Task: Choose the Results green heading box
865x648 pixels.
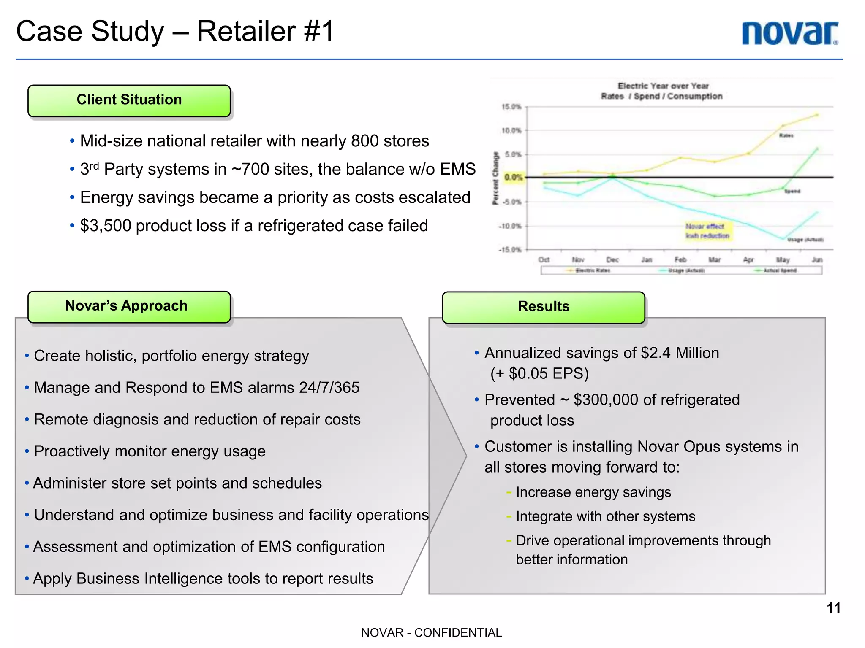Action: [x=543, y=307]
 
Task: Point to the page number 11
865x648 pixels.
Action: [x=833, y=608]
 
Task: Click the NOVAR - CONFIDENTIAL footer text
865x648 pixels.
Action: [x=431, y=633]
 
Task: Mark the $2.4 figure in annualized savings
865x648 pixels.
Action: [x=656, y=353]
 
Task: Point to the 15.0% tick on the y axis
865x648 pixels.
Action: [x=511, y=107]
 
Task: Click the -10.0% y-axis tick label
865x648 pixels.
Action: [x=510, y=226]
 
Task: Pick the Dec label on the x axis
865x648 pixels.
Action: [x=612, y=260]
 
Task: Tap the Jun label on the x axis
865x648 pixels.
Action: [x=817, y=260]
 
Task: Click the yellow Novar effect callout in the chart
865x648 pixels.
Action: [x=707, y=231]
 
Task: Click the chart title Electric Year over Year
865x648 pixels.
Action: [x=663, y=86]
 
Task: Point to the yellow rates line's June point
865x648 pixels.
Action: [x=817, y=115]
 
